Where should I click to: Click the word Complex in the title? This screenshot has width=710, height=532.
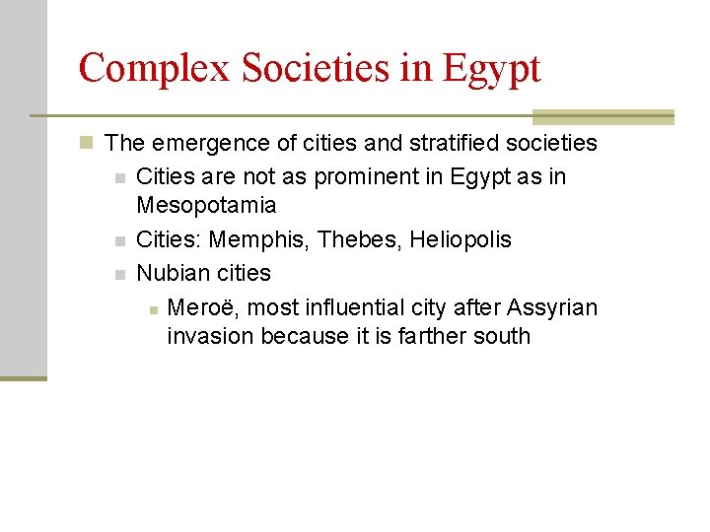(151, 69)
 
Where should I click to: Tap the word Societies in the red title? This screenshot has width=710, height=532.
(303, 69)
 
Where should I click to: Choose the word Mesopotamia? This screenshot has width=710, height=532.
(206, 206)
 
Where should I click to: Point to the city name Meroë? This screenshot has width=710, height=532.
(201, 307)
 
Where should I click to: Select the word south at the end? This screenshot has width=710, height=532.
(502, 336)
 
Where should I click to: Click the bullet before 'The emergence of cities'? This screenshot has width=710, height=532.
(88, 144)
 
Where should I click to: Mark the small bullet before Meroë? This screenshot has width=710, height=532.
(153, 309)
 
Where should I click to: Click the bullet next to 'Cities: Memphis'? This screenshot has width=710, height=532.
(119, 241)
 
